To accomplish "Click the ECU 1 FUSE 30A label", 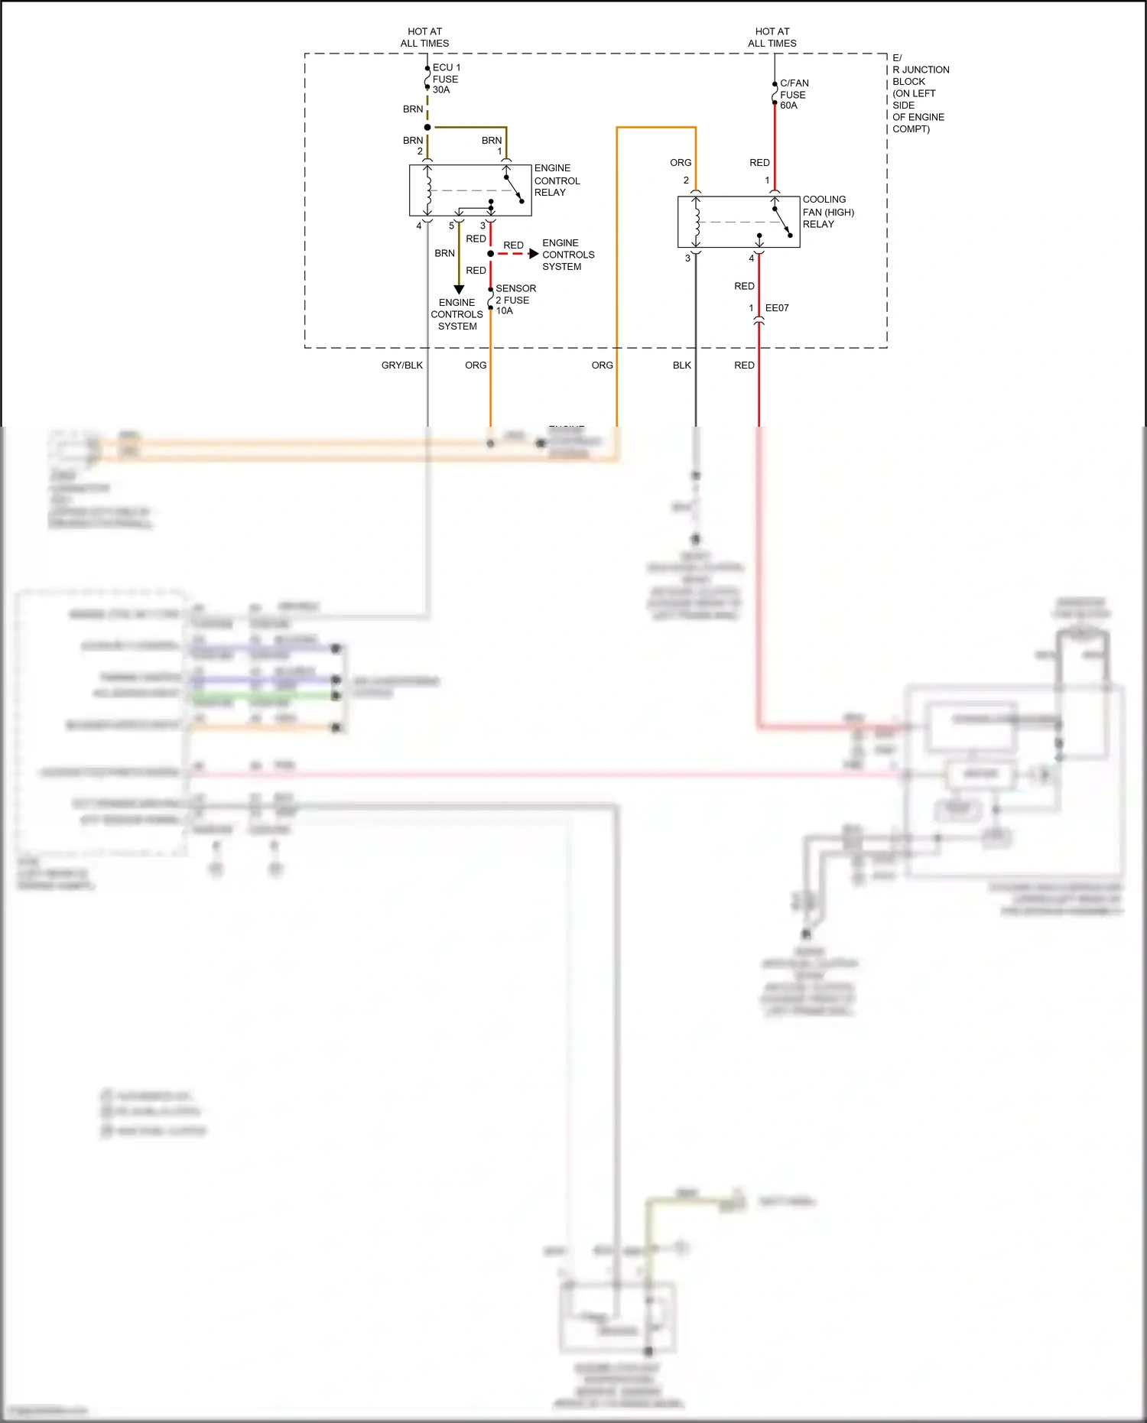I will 446,79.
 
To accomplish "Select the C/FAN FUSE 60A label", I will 794,94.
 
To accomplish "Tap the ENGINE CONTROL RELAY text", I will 556,180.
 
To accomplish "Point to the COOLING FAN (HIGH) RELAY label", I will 827,212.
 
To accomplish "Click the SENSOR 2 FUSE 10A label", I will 515,300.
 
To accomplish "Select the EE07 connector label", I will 776,308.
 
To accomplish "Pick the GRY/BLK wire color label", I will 401,365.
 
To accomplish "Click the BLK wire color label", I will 681,365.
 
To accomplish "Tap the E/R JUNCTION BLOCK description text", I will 920,93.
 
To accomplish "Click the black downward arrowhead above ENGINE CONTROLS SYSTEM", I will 459,290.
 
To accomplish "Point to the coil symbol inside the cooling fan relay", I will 696,222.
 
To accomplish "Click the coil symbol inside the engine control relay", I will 428,190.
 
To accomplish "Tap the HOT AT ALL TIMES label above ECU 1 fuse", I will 424,37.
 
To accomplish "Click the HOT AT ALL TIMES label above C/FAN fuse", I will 772,37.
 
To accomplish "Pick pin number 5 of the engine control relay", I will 451,226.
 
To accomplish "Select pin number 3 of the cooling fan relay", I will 687,258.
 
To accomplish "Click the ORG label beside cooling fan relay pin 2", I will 680,163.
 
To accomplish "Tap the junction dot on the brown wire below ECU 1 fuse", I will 427,128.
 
